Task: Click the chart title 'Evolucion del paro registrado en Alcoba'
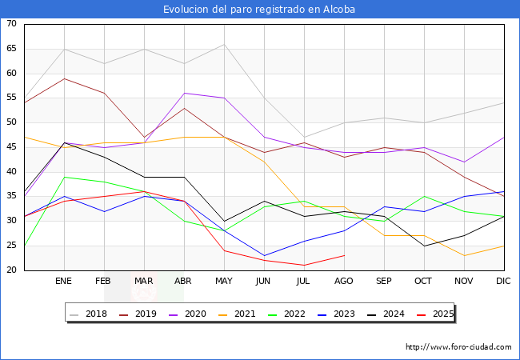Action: coord(259,10)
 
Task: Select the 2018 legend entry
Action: coord(89,314)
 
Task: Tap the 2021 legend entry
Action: coord(237,314)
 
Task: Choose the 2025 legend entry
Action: coord(435,314)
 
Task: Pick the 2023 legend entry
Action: coord(336,314)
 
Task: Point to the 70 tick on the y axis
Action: coord(11,23)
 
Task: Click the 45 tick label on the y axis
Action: coord(11,147)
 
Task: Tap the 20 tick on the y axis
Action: coord(11,270)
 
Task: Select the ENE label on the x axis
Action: coord(63,281)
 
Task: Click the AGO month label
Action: coord(343,281)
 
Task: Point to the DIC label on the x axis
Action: coord(503,281)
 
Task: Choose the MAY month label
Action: coord(224,281)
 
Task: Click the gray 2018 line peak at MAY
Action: coord(225,44)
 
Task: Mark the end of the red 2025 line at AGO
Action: coord(345,255)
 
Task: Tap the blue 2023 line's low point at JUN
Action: coord(264,255)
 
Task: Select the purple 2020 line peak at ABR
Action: coord(184,93)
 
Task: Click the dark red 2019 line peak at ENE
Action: coord(64,78)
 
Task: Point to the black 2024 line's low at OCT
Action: coord(425,246)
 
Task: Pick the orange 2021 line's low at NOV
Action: coord(464,255)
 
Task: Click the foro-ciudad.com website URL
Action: coord(458,347)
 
